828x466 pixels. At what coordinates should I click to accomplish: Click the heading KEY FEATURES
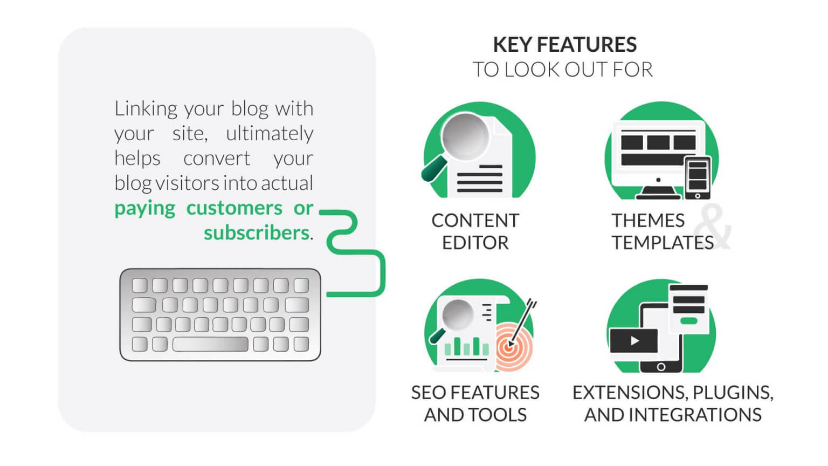click(564, 44)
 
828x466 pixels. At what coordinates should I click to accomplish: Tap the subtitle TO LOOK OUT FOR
click(563, 70)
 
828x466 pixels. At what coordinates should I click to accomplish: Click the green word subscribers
click(256, 233)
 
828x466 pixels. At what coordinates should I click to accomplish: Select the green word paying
click(144, 208)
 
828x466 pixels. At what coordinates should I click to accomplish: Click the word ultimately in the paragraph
click(270, 133)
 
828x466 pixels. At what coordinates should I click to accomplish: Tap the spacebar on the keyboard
click(210, 344)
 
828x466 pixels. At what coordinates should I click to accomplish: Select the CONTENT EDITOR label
click(475, 231)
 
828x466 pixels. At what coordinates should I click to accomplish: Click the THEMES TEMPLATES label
click(662, 231)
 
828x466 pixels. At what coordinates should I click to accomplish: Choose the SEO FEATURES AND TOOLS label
click(475, 403)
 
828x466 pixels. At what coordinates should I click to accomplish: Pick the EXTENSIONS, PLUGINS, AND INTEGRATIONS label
click(673, 403)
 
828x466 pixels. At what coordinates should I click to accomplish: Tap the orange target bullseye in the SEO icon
click(509, 347)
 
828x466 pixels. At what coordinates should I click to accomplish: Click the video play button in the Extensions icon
click(634, 341)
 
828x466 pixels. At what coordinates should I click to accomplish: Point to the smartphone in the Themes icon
click(698, 177)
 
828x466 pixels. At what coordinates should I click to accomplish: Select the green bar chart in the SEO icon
click(466, 346)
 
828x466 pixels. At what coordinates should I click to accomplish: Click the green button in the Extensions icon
click(689, 321)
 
